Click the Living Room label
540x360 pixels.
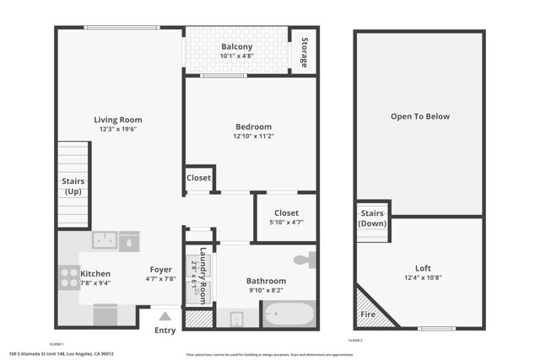[x=117, y=120]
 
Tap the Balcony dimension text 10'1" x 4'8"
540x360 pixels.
[x=236, y=56]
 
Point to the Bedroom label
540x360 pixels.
[x=251, y=126]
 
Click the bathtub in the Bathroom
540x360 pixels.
[x=289, y=315]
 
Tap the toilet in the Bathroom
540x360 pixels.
[x=307, y=259]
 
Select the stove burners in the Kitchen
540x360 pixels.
[x=68, y=277]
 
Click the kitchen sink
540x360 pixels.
[x=105, y=240]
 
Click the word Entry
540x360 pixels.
[x=165, y=330]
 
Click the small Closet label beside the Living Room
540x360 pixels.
[x=198, y=178]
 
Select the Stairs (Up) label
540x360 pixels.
[x=73, y=186]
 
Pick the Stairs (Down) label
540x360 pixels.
[x=372, y=218]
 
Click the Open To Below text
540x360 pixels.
[x=419, y=116]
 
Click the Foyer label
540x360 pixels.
[x=161, y=270]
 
